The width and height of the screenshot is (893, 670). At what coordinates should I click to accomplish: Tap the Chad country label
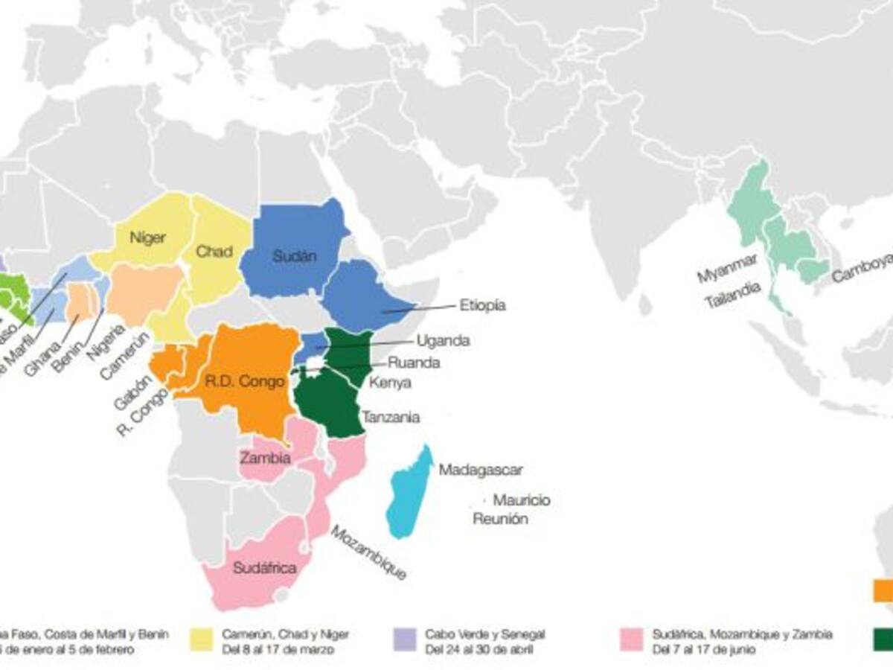pyautogui.click(x=214, y=252)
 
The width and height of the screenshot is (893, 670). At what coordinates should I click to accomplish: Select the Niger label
pyautogui.click(x=147, y=238)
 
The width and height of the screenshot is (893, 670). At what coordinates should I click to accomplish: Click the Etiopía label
pyautogui.click(x=482, y=305)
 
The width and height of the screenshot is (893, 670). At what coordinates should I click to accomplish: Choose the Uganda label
pyautogui.click(x=443, y=340)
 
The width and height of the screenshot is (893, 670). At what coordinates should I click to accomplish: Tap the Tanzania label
pyautogui.click(x=390, y=417)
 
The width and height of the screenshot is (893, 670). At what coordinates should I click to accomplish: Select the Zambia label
pyautogui.click(x=265, y=457)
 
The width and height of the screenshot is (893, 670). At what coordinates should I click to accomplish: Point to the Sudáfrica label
pyautogui.click(x=265, y=568)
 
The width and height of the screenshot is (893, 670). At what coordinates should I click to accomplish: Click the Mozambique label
pyautogui.click(x=368, y=553)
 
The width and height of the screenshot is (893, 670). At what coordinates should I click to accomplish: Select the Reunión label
pyautogui.click(x=500, y=519)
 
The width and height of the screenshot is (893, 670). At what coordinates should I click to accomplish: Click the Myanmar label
pyautogui.click(x=727, y=268)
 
